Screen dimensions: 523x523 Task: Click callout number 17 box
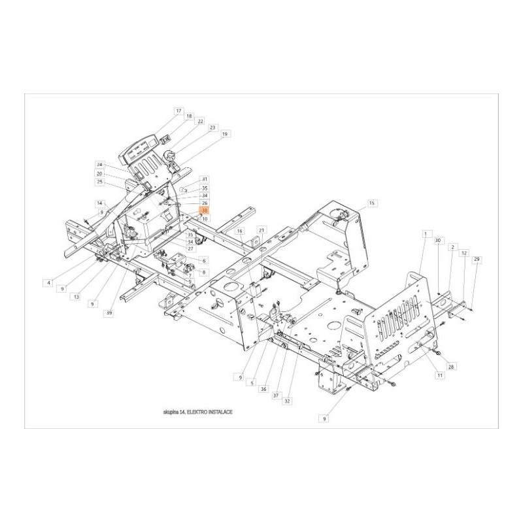tap(178, 111)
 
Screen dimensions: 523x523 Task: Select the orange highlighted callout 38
tap(205, 211)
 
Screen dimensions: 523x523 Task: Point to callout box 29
tap(477, 260)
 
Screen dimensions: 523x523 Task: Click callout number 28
tap(451, 367)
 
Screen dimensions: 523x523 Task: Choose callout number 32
tap(287, 401)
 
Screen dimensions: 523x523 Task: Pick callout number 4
tap(48, 282)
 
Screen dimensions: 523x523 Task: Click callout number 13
tap(76, 296)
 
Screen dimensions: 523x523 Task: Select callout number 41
tap(205, 179)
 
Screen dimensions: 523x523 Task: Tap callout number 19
tap(225, 134)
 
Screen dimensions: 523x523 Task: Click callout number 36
tap(263, 389)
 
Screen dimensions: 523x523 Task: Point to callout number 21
tap(261, 230)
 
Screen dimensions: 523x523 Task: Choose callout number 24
tap(100, 164)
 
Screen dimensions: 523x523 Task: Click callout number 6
tap(205, 260)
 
